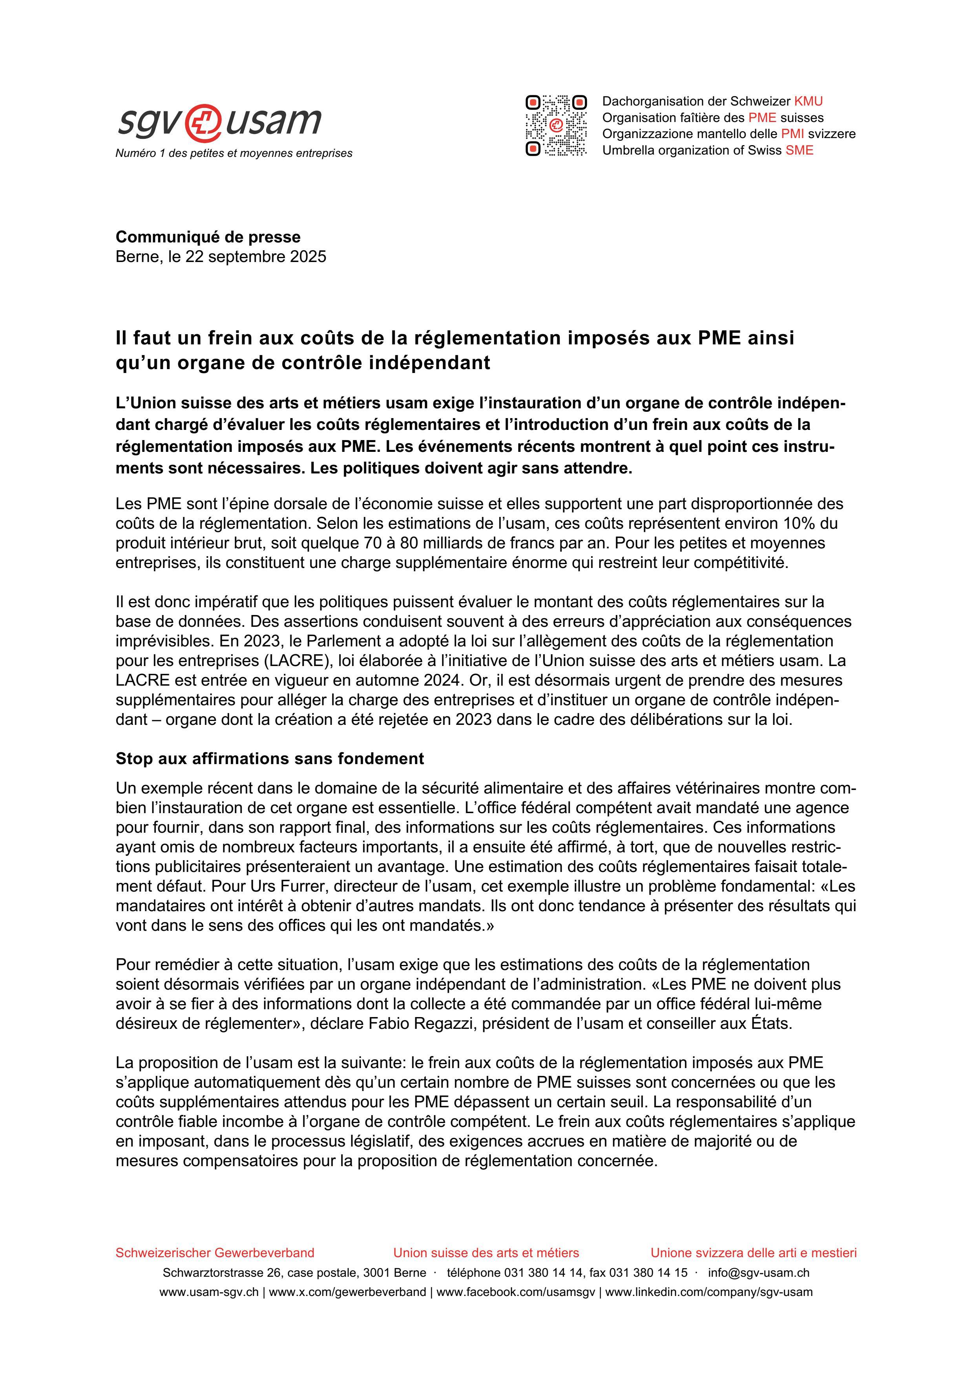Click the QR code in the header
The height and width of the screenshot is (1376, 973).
point(556,125)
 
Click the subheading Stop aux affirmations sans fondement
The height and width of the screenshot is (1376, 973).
point(269,759)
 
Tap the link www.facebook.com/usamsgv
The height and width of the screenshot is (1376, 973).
point(516,1292)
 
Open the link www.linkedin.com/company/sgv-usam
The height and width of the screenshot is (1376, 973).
point(708,1292)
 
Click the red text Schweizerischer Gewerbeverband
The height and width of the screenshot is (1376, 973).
point(215,1252)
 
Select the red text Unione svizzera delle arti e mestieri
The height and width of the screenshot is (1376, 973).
point(754,1252)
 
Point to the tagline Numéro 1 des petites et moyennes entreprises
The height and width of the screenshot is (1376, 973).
point(234,153)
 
